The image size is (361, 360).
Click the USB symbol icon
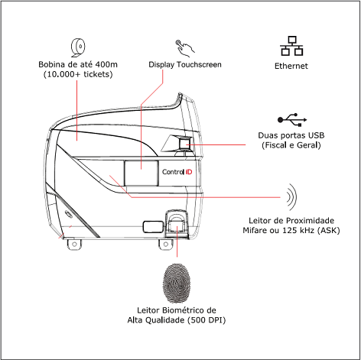click(x=291, y=120)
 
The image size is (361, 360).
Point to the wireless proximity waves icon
click(x=291, y=196)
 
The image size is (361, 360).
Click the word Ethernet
click(x=291, y=66)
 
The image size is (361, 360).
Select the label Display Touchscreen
click(x=185, y=65)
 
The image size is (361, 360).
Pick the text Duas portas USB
click(x=291, y=135)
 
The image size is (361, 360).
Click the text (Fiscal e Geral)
click(x=291, y=145)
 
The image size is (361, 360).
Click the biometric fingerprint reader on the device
click(x=175, y=225)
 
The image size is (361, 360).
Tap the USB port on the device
click(x=184, y=143)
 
